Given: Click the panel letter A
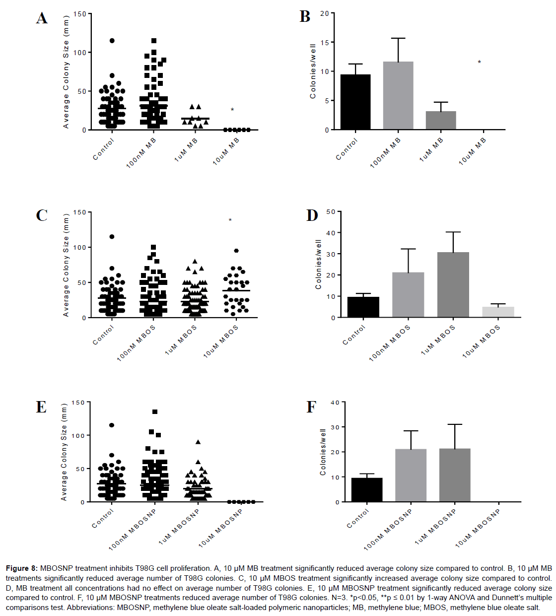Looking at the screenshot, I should (x=42, y=18).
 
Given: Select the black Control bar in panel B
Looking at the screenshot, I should (x=355, y=102).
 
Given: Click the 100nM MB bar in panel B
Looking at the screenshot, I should (x=398, y=95).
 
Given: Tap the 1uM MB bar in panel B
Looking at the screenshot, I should (x=441, y=120).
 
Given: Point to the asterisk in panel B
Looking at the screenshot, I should (x=479, y=63).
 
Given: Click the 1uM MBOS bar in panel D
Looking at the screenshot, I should (x=453, y=284).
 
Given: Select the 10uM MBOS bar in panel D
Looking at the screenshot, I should (x=498, y=312).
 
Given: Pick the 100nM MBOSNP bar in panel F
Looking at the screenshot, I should (x=411, y=475).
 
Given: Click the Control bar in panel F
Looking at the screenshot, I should (x=367, y=489).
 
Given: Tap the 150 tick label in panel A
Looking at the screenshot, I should (x=79, y=14).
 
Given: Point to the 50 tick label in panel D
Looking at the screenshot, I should (x=331, y=212).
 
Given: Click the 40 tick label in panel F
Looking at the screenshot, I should (x=335, y=403).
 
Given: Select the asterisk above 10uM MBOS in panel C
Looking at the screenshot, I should (x=230, y=220).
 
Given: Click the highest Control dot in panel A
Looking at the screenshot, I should (x=112, y=41).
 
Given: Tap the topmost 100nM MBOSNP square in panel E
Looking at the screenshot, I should (x=155, y=412).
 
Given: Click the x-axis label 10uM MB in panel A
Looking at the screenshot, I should (x=226, y=151).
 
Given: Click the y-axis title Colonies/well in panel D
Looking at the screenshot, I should (x=319, y=265).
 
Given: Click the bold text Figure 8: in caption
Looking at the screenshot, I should (x=21, y=568).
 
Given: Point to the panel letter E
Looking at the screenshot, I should (x=41, y=408).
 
